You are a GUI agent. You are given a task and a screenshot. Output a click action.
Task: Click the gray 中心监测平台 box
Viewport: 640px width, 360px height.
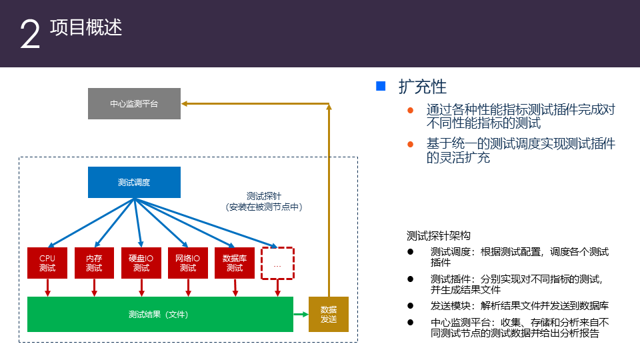point(134,104)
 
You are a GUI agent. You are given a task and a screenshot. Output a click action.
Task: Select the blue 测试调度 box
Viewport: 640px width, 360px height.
point(134,182)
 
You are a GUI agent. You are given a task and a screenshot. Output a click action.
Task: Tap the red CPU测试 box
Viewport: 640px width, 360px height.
point(47,263)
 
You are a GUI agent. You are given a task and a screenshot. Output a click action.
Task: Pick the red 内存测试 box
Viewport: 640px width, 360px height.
point(94,263)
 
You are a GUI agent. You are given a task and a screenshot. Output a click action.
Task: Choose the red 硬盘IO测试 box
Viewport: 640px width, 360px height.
point(141,263)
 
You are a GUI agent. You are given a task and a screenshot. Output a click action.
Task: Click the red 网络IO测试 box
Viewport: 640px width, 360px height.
point(188,263)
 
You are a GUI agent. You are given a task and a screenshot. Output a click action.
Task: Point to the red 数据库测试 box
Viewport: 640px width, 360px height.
point(235,263)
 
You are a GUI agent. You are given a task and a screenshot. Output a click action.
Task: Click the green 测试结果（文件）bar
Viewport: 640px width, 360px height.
point(160,314)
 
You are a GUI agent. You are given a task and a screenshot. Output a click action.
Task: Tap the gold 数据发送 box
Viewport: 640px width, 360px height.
point(329,314)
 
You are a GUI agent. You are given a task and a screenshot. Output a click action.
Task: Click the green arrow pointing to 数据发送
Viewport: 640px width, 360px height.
point(301,314)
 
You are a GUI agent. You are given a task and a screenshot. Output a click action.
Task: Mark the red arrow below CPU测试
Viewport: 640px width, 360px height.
point(47,287)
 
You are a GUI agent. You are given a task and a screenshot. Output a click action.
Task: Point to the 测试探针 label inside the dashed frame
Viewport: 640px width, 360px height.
point(264,196)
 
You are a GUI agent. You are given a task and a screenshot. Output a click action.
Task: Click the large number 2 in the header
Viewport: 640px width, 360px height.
point(30,35)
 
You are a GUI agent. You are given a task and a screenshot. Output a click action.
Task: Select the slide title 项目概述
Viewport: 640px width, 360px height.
point(86,27)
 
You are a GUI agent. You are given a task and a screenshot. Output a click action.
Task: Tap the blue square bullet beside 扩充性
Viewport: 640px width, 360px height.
point(381,86)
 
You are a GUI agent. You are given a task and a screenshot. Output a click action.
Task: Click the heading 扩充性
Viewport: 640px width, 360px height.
point(423,87)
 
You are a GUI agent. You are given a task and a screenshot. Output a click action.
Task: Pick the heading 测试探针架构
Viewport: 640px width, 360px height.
point(439,235)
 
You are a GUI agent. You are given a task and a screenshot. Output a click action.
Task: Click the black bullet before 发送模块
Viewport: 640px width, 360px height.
point(410,306)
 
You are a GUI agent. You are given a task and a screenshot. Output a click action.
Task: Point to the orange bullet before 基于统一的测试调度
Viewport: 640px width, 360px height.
point(411,144)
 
